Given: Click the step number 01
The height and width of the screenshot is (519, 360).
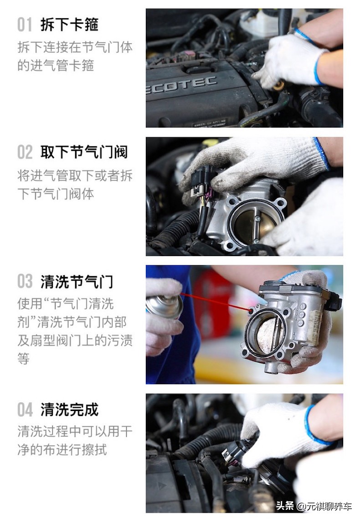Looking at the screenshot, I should click(x=25, y=24).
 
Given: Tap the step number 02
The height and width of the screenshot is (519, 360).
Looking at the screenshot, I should click(x=25, y=153).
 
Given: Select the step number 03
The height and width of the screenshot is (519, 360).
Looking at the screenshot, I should click(x=25, y=281).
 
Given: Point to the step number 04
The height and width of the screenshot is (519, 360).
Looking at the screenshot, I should click(x=25, y=410).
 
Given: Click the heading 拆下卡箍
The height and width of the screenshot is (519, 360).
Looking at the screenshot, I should click(x=69, y=24).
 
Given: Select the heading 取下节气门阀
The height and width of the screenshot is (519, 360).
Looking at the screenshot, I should click(x=84, y=153).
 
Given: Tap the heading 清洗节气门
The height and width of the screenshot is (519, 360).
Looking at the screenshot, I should click(x=77, y=281).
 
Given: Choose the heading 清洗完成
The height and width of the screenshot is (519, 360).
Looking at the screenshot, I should click(x=69, y=410).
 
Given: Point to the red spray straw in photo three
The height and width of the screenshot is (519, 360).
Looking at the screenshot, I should click(x=214, y=303).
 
